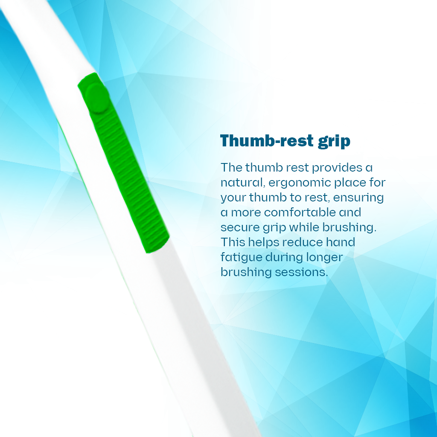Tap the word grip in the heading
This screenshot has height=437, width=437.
tap(334, 142)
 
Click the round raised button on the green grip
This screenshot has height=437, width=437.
tap(97, 98)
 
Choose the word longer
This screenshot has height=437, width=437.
tap(324, 257)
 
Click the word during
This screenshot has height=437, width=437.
tap(284, 257)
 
